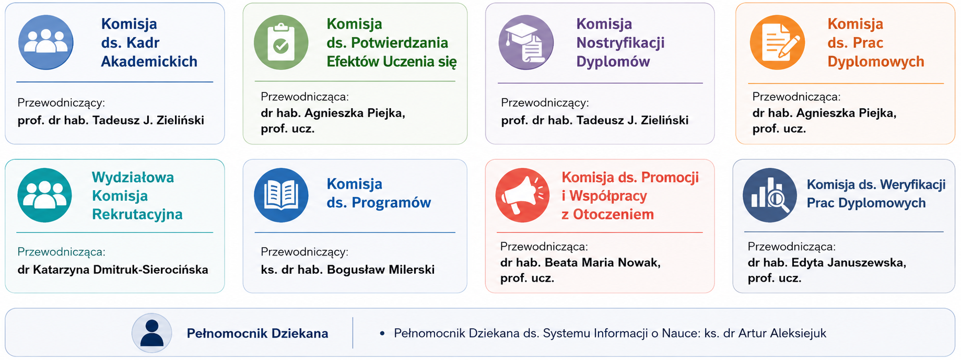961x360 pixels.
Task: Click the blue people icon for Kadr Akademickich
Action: click(x=46, y=42)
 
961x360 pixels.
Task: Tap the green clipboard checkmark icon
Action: click(x=281, y=42)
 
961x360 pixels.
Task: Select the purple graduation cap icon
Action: click(x=526, y=42)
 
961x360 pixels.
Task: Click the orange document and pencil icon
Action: click(x=777, y=42)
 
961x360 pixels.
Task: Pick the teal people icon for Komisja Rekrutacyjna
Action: click(x=45, y=195)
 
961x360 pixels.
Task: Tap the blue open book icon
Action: click(x=281, y=195)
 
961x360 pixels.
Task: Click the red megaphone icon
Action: click(x=522, y=195)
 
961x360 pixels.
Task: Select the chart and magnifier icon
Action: click(x=770, y=195)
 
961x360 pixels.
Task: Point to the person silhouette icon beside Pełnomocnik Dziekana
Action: click(x=152, y=333)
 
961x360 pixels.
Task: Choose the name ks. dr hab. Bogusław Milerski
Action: click(x=348, y=270)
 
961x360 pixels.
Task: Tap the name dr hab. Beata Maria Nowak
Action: click(x=580, y=262)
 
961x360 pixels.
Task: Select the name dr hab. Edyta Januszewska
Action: click(x=827, y=262)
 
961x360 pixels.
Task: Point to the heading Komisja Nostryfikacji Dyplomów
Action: click(x=620, y=42)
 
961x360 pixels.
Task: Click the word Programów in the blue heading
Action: click(x=391, y=203)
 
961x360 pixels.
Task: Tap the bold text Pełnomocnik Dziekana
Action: click(x=257, y=333)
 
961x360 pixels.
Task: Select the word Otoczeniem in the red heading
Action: click(x=613, y=214)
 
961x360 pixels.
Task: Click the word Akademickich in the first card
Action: click(x=149, y=62)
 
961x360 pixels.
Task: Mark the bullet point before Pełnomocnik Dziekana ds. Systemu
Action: click(x=382, y=333)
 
